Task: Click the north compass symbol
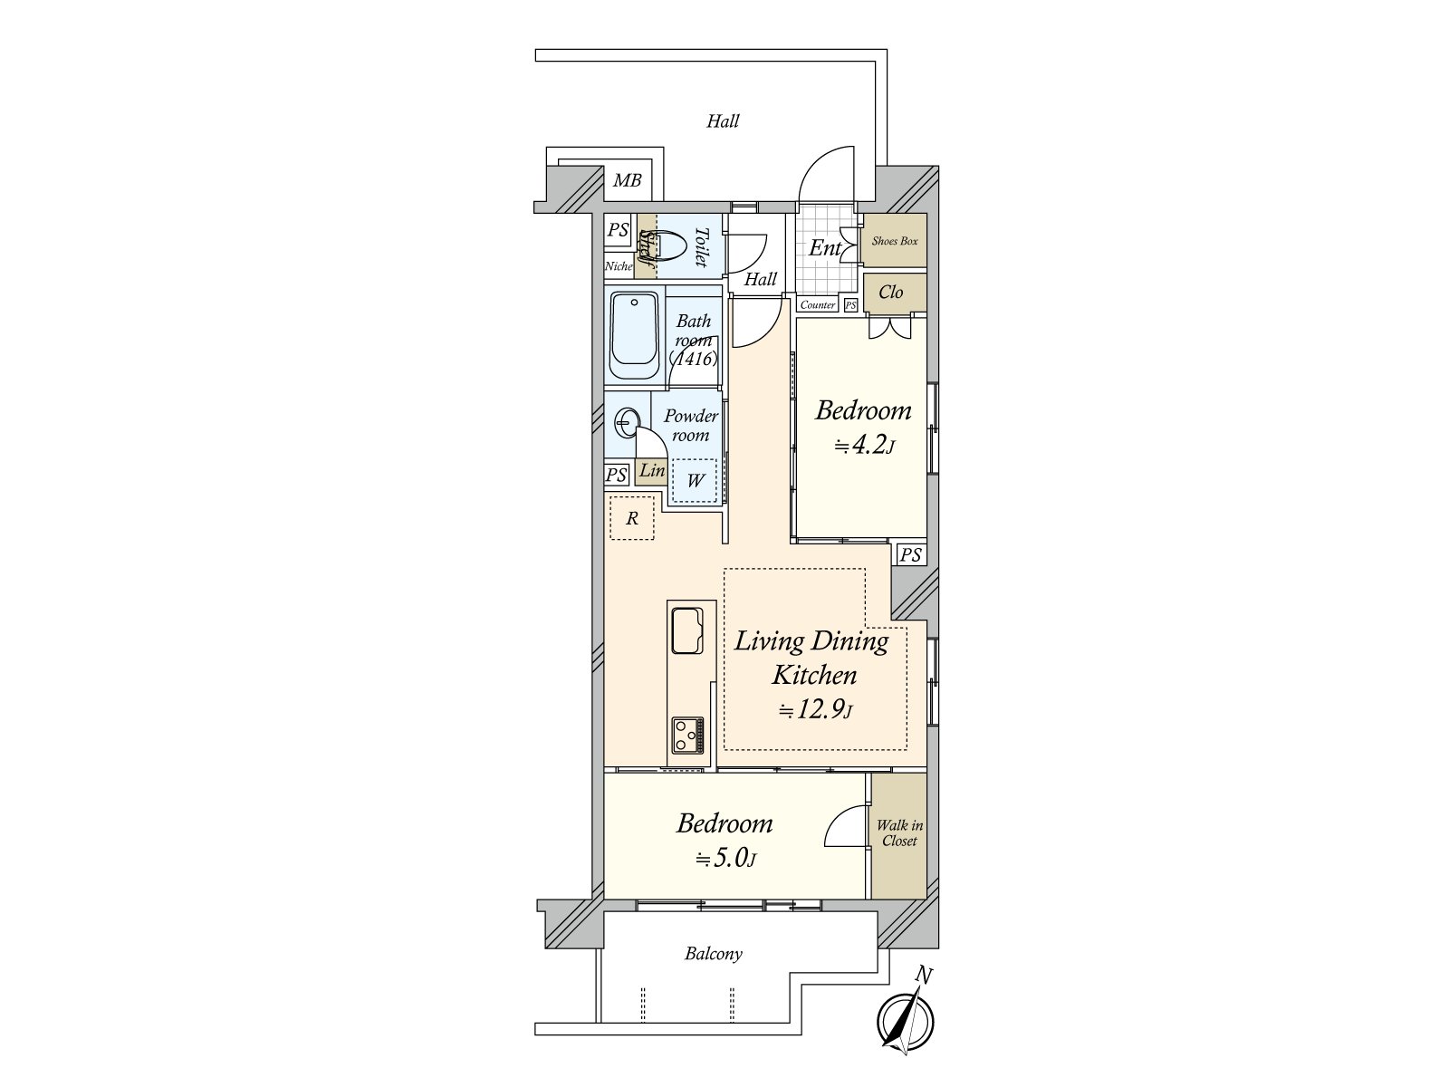[x=905, y=1022]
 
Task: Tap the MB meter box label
[x=627, y=180]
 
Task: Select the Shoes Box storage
[x=895, y=240]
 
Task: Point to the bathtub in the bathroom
[x=635, y=335]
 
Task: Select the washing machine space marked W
[x=694, y=480]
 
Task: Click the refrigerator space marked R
[x=632, y=518]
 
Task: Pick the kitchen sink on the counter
[x=687, y=631]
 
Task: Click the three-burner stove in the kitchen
[x=688, y=736]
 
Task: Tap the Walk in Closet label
[x=899, y=832]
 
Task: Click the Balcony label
[x=714, y=954]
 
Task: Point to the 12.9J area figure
[x=815, y=710]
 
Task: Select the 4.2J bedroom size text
[x=864, y=447]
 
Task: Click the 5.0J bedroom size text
[x=724, y=859]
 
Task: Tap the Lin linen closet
[x=651, y=471]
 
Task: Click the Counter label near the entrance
[x=817, y=305]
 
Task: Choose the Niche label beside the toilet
[x=619, y=266]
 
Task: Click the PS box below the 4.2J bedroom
[x=911, y=554]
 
